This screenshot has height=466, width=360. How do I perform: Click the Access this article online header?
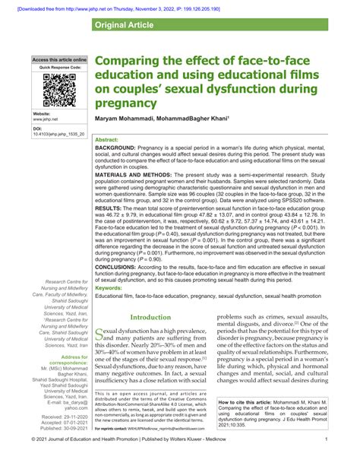click(x=59, y=59)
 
